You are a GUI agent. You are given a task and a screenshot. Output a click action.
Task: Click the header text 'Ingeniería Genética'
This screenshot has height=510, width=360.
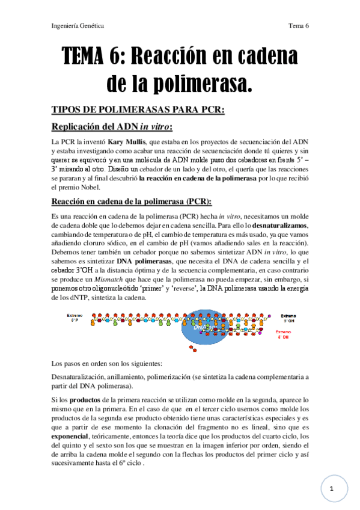[78, 26]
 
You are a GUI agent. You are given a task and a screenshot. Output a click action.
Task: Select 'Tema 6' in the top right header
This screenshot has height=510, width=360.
[298, 26]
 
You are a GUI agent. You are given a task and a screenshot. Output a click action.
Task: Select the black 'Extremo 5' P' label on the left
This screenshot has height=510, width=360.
[75, 317]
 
